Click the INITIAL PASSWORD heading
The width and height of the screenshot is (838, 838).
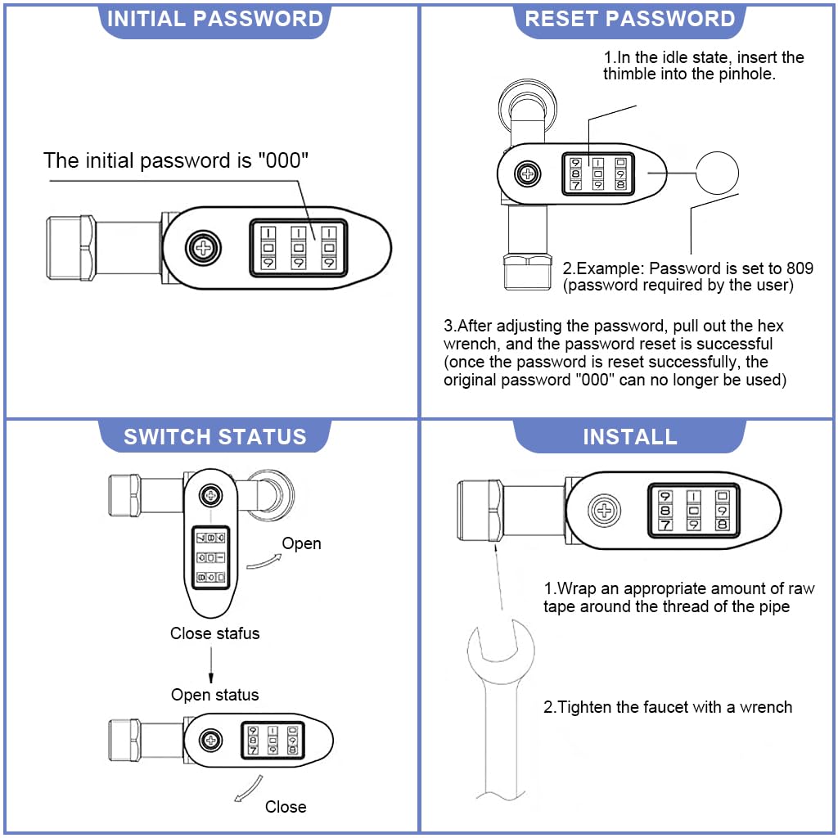215,19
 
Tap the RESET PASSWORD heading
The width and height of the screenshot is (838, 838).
629,19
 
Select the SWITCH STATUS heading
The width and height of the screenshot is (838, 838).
214,436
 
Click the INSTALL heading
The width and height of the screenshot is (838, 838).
629,436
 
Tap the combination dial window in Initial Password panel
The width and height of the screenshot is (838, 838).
296,247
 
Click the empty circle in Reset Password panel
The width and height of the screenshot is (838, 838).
717,172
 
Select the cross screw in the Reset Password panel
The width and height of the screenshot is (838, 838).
529,173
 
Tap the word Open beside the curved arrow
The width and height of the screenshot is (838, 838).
301,543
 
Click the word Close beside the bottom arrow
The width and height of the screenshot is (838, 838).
286,807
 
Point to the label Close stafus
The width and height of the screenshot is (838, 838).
214,633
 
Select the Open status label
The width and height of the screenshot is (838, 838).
214,695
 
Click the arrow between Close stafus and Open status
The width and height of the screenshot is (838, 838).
211,663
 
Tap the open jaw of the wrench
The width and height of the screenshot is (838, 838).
501,647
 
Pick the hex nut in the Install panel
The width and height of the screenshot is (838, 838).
478,511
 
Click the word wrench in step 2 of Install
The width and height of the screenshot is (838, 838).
766,707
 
